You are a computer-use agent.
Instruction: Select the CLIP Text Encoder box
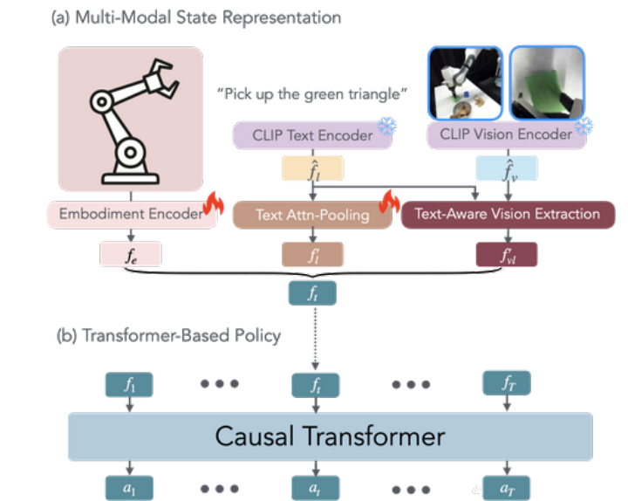(302, 135)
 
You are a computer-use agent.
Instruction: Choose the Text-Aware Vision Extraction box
(508, 214)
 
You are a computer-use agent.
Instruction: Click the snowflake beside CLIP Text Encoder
(386, 127)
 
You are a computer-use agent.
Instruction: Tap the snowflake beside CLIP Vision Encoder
(586, 127)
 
